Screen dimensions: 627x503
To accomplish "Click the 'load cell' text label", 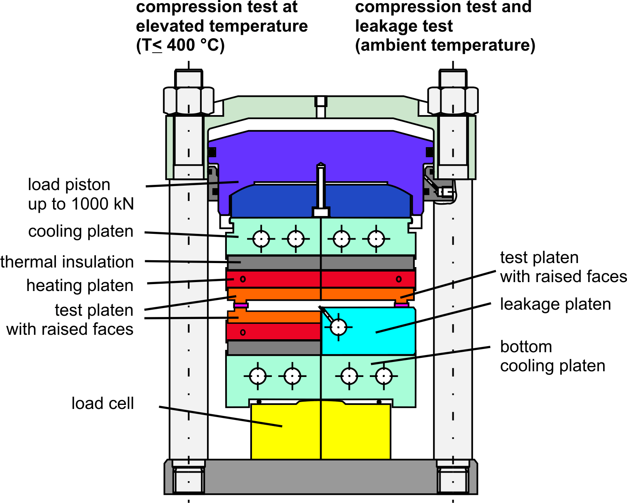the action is (x=102, y=403).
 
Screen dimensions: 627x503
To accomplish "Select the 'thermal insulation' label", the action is (x=67, y=261).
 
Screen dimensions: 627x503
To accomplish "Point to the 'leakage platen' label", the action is (x=555, y=304).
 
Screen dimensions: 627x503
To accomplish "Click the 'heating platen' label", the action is (x=80, y=285).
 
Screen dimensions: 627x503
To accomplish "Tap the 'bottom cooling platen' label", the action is (x=552, y=356).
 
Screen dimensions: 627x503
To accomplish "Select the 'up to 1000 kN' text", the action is (x=81, y=203).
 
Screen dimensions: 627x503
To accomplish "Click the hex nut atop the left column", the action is (x=188, y=101).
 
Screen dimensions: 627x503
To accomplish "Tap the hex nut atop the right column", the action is (x=453, y=101).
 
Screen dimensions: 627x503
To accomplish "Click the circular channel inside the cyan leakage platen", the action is (x=338, y=327).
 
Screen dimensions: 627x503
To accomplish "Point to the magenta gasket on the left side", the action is (x=241, y=305).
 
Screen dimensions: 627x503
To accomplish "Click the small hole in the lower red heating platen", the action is (x=243, y=332).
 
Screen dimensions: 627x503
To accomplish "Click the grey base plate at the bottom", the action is (x=320, y=477).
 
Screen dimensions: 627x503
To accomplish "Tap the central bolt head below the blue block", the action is (x=321, y=212).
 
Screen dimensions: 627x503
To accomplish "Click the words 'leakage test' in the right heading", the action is (x=404, y=26).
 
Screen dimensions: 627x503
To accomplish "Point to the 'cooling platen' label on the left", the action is (x=81, y=231).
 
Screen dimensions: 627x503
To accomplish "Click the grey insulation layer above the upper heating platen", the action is (x=320, y=262).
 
